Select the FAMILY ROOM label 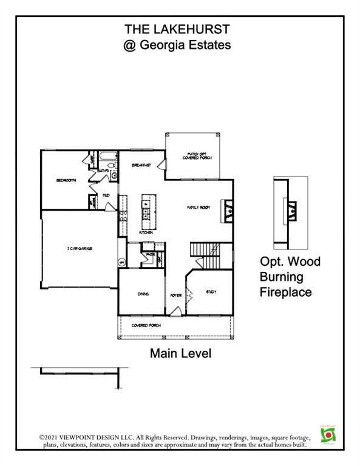(197, 208)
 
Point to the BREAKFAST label (141, 165)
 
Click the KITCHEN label (145, 232)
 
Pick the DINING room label (143, 294)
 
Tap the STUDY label (211, 292)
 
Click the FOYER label (175, 295)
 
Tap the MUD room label (106, 195)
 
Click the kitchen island (146, 208)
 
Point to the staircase (204, 249)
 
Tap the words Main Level (180, 353)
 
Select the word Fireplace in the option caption (286, 292)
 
